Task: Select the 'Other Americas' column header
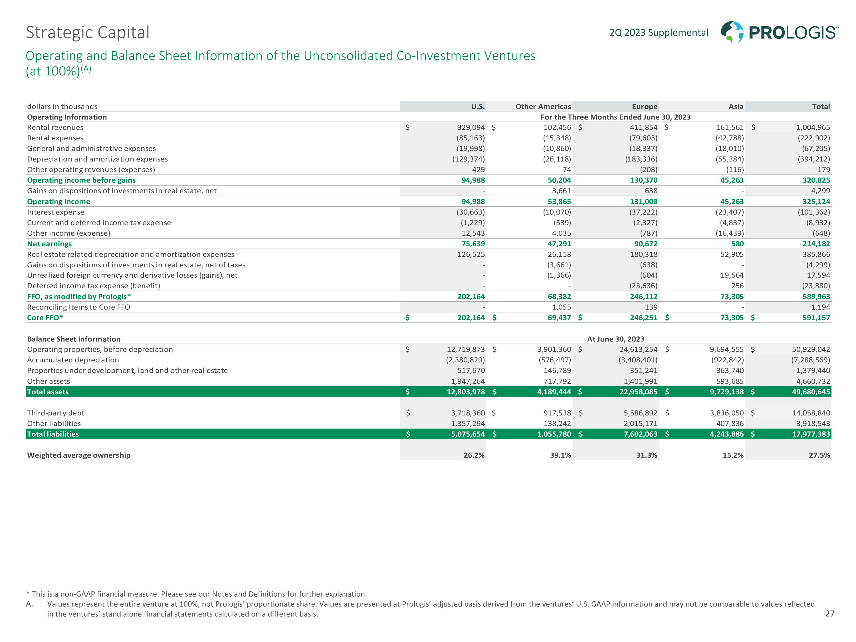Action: click(543, 106)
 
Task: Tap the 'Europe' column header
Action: click(644, 106)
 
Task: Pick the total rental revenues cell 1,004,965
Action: click(813, 127)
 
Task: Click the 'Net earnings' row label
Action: click(50, 244)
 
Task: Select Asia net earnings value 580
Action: click(737, 244)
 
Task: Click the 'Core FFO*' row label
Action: click(45, 318)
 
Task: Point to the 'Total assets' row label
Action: click(48, 392)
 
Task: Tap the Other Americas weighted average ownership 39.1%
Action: click(560, 455)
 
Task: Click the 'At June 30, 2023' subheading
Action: click(616, 339)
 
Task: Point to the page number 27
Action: click(830, 614)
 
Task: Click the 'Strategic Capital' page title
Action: click(88, 33)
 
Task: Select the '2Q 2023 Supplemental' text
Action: click(659, 33)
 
